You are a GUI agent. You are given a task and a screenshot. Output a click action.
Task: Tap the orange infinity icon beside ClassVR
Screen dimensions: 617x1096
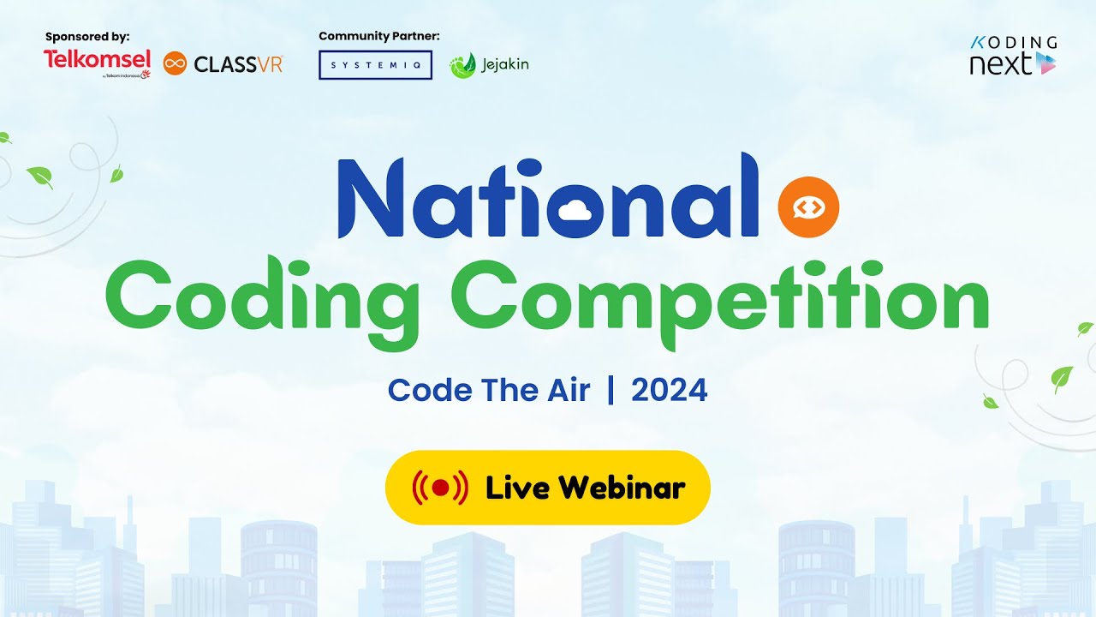[175, 63]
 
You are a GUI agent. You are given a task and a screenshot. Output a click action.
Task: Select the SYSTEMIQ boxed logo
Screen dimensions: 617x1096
[375, 65]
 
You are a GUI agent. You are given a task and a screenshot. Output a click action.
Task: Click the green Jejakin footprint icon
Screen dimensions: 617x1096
[462, 65]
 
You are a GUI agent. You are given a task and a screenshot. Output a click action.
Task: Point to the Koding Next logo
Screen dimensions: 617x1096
[1013, 56]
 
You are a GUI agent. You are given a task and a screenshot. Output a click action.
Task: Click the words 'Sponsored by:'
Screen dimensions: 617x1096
[87, 37]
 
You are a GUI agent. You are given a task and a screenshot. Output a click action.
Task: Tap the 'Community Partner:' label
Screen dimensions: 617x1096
[378, 36]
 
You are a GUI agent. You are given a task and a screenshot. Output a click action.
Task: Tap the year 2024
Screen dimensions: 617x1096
[669, 391]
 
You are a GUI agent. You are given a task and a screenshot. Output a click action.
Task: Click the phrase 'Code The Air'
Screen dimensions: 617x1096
[489, 391]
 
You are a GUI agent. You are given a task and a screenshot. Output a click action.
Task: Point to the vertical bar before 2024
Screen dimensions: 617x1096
[611, 391]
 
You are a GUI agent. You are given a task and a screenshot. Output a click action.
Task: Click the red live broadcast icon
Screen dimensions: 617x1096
[440, 488]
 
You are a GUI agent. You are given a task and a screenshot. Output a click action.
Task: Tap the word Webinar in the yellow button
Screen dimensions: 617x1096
[622, 488]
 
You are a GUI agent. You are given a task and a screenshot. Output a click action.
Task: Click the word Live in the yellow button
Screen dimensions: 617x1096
[519, 488]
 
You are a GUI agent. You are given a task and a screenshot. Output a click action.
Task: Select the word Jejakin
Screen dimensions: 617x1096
[505, 64]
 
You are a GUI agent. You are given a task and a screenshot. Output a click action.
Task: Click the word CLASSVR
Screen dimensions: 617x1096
[238, 64]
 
